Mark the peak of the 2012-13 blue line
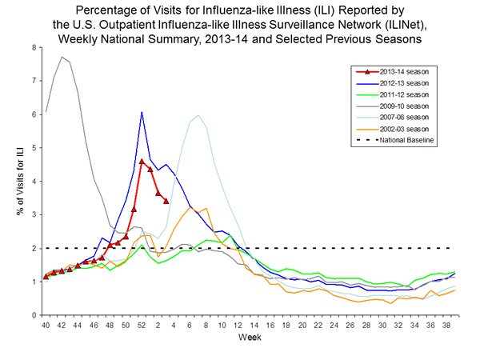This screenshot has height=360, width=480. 142,112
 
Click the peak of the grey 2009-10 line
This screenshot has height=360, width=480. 62,57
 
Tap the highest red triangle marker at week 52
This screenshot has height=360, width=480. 142,162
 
